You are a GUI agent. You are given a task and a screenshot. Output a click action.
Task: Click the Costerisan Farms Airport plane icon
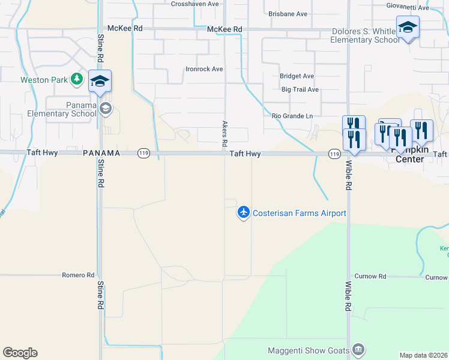243,212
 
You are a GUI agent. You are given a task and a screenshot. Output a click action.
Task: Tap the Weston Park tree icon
76,79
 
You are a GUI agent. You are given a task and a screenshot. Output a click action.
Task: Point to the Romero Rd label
78,275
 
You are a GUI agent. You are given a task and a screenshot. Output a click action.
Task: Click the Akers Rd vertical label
225,133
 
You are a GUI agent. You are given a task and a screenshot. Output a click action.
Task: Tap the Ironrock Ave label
203,69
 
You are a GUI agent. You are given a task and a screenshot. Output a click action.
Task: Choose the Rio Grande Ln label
292,116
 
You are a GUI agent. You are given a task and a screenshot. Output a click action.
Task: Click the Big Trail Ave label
300,89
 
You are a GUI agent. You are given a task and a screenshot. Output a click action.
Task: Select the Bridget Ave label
297,76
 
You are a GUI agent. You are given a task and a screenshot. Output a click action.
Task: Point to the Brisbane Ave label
288,14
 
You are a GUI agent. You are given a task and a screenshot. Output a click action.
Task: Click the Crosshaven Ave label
194,4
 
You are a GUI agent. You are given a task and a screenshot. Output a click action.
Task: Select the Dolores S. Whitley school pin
408,28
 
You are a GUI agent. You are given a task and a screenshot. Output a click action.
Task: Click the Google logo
20,353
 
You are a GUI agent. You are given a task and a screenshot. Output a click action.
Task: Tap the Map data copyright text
424,355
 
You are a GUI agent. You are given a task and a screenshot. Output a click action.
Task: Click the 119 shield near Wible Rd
334,154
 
